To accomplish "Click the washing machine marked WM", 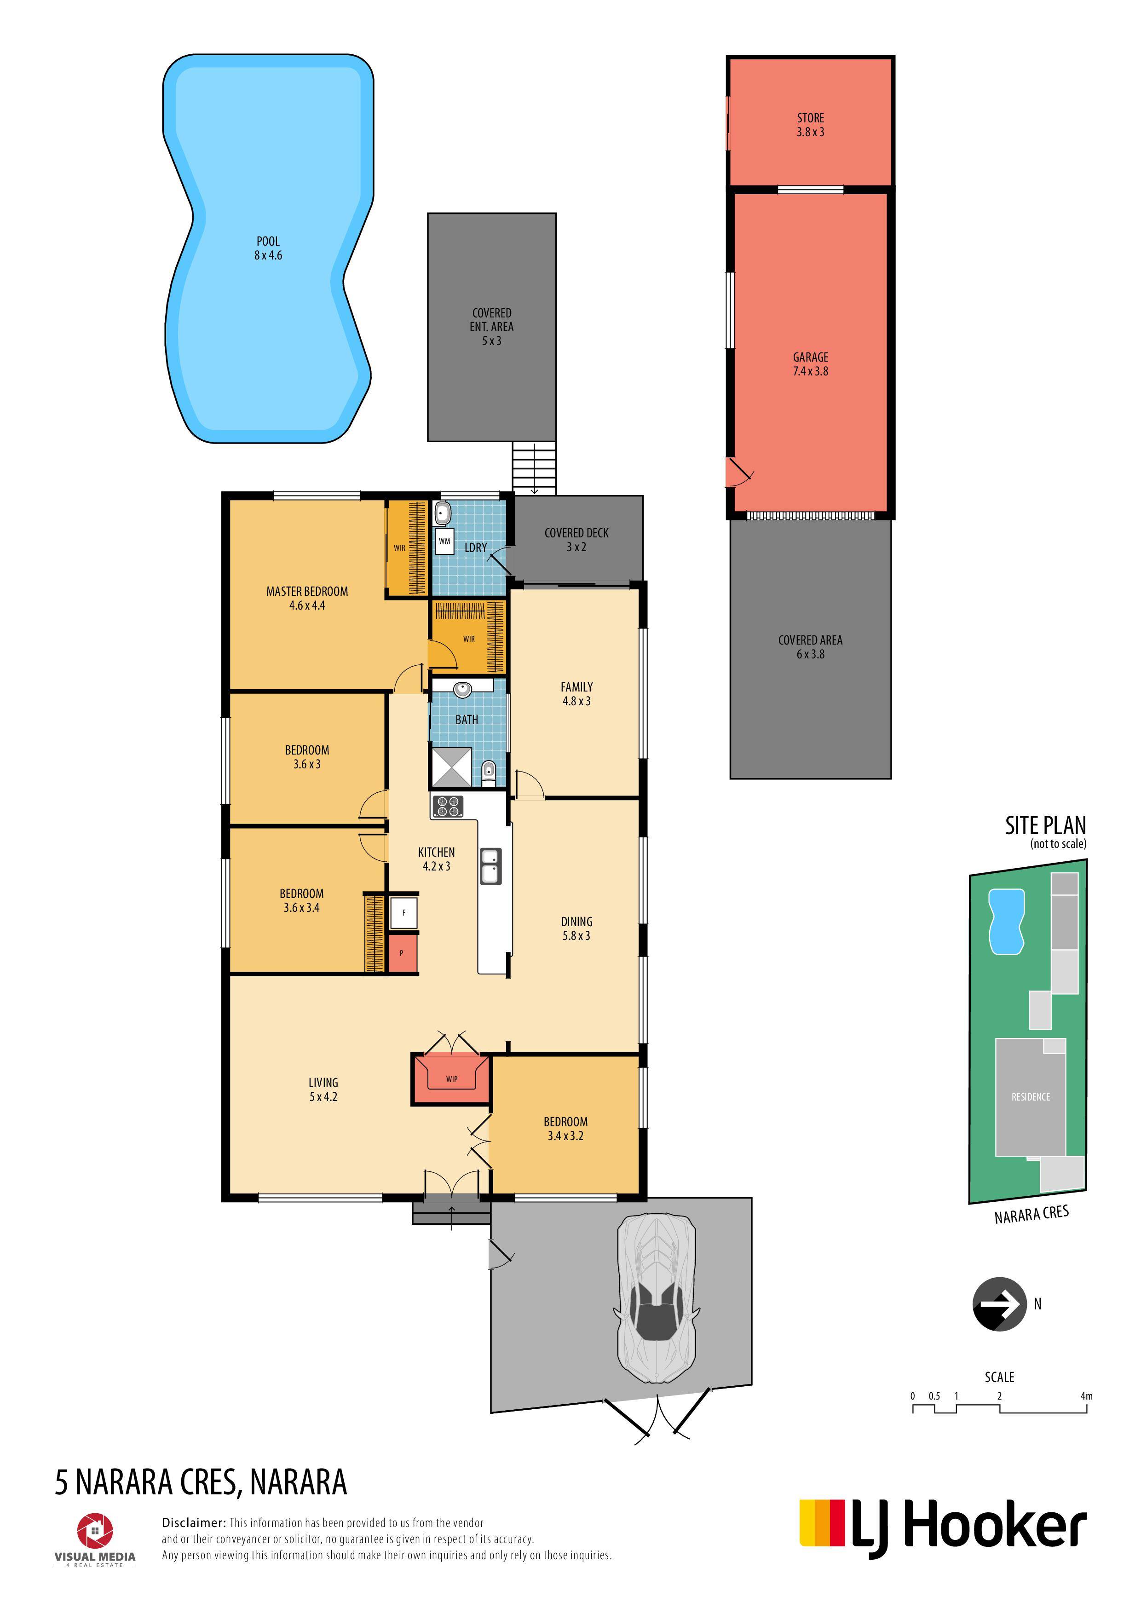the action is pyautogui.click(x=444, y=541).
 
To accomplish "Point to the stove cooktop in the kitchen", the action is pyautogui.click(x=447, y=806).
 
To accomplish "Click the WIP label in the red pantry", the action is pyautogui.click(x=451, y=1078).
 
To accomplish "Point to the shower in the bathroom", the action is pyautogui.click(x=450, y=767).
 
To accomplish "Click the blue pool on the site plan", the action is pyautogui.click(x=1006, y=922).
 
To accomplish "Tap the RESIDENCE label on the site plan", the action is pyautogui.click(x=1031, y=1096).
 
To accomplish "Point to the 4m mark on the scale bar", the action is pyautogui.click(x=1086, y=1396).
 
